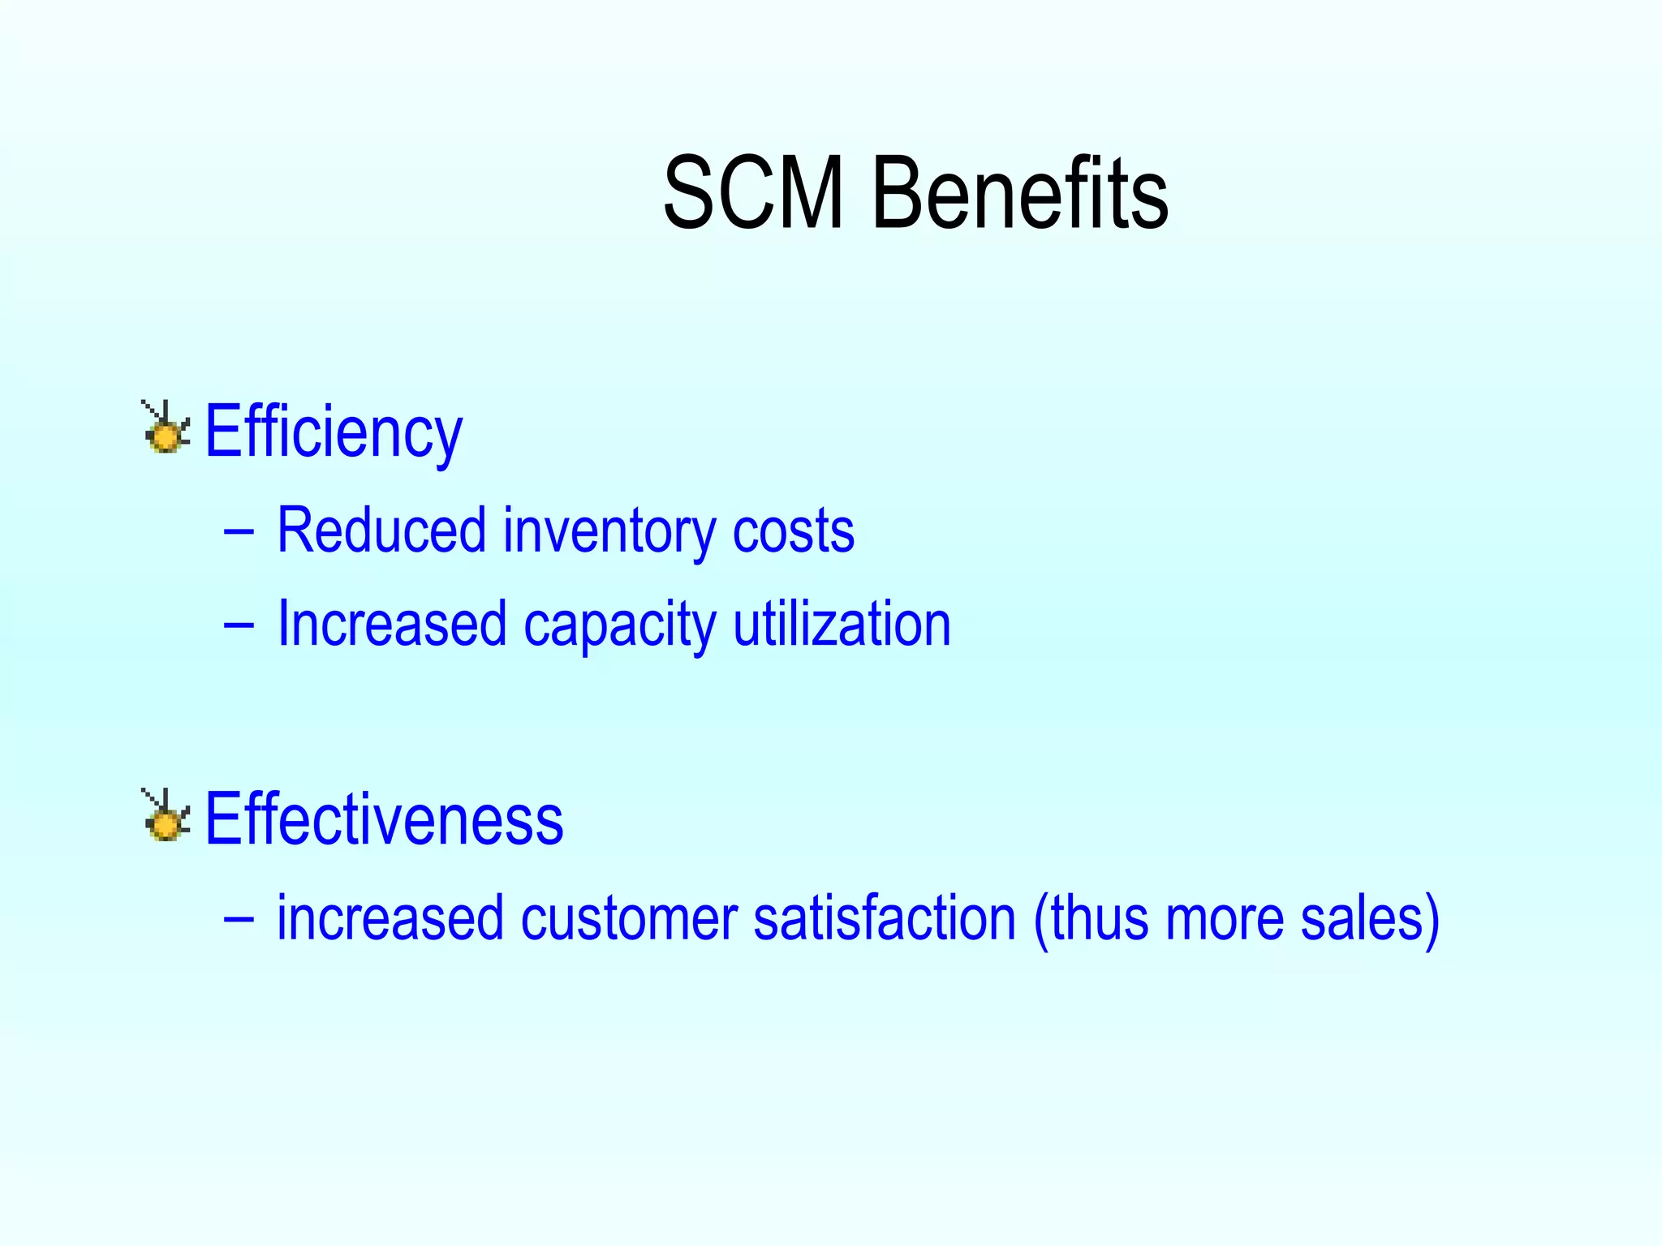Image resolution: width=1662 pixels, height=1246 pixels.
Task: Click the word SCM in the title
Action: [x=753, y=194]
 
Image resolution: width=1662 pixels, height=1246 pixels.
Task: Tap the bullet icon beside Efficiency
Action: [x=166, y=428]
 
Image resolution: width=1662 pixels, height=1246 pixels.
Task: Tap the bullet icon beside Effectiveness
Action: [x=166, y=816]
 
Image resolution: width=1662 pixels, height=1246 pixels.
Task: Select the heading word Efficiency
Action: [x=334, y=432]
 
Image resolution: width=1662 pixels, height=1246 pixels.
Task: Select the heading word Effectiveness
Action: [x=384, y=819]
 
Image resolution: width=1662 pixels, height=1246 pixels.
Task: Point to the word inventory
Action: [x=609, y=531]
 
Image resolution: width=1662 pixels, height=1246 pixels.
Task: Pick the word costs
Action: [x=793, y=531]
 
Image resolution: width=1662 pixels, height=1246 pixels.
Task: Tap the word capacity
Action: [x=619, y=625]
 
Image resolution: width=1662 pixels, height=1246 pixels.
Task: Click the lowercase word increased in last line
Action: [x=390, y=918]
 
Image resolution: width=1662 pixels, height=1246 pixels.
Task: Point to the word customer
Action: [x=629, y=918]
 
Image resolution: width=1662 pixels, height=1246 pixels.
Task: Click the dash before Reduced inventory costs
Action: [x=238, y=533]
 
